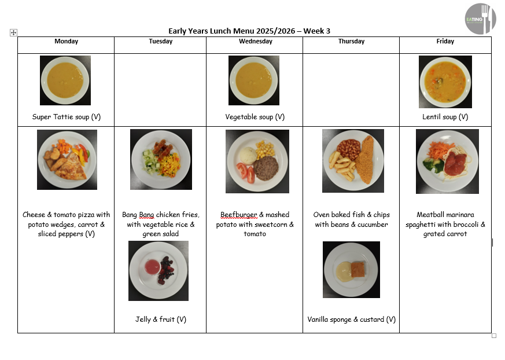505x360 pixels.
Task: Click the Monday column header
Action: [66, 41]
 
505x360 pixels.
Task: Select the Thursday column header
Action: [351, 41]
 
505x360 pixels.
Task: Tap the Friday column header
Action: [445, 41]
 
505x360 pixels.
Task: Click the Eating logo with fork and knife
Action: [480, 19]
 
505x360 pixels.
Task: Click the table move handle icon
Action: [13, 32]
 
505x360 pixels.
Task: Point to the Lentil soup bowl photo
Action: [445, 82]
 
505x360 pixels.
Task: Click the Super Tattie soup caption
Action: [67, 117]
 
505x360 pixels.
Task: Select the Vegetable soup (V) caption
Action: [255, 117]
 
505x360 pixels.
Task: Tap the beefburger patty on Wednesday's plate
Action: [266, 168]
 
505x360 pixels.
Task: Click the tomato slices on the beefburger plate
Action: [246, 172]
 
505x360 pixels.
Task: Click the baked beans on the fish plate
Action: [348, 149]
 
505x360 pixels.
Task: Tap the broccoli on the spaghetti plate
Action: [433, 165]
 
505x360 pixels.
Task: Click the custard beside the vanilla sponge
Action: [344, 271]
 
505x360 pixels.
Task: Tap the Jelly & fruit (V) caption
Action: [161, 319]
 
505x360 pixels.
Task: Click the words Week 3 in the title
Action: [316, 31]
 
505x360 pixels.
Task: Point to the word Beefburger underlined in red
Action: [239, 215]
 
